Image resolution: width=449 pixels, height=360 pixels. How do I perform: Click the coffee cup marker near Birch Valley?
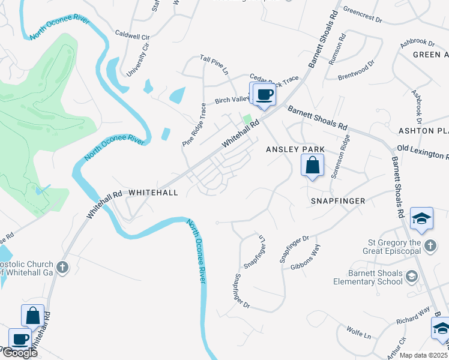[x=264, y=94]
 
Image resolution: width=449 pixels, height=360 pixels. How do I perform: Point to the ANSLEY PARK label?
[x=295, y=149]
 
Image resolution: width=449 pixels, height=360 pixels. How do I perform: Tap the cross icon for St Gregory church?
[x=429, y=245]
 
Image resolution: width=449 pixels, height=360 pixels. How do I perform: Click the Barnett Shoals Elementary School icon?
[x=412, y=276]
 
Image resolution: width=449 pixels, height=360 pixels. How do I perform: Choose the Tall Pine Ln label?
[x=214, y=64]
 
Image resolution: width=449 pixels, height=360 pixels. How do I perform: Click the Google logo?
[x=19, y=353]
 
